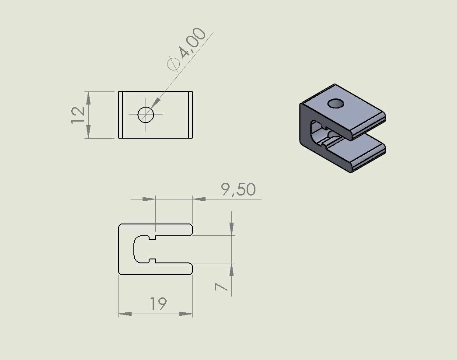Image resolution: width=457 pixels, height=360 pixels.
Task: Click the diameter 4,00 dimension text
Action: (x=192, y=43)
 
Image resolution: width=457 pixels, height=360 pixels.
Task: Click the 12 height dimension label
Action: (x=78, y=115)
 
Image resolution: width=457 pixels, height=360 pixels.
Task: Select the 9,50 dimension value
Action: (x=238, y=190)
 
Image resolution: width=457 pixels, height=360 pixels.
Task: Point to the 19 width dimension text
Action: (x=158, y=304)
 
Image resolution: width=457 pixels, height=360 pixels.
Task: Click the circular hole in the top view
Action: (x=146, y=115)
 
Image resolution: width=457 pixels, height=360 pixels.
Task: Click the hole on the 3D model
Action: (x=336, y=103)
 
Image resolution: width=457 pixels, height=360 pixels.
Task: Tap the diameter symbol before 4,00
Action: (x=174, y=64)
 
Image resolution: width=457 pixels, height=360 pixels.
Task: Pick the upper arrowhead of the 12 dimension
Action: (x=88, y=98)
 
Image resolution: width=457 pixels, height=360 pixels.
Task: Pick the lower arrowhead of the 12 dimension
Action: (x=88, y=131)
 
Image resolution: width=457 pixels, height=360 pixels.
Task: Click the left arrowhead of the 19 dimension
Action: (x=125, y=314)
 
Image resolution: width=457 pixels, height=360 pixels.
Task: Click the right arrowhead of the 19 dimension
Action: (x=186, y=314)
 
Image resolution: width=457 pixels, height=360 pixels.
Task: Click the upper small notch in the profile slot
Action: (x=152, y=238)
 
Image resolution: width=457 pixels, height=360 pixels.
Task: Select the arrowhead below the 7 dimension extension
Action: (x=231, y=270)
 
